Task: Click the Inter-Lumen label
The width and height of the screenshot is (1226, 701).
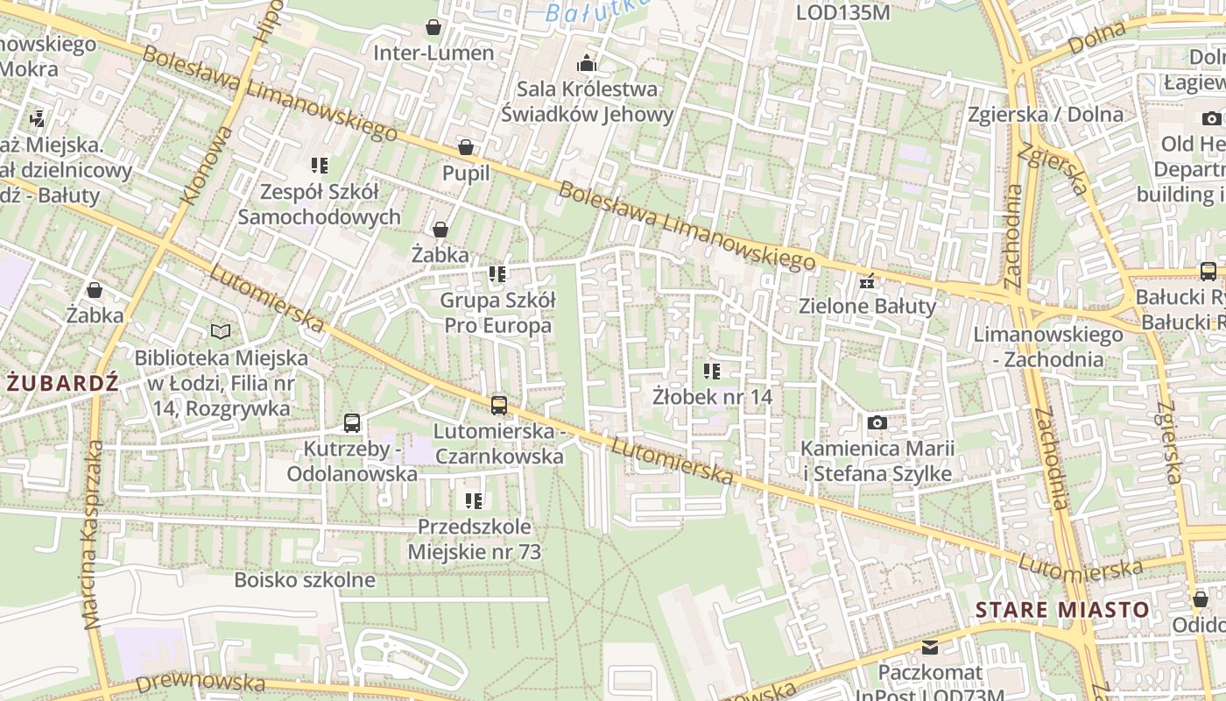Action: [433, 53]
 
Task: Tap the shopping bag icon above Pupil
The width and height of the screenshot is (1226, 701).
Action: [466, 147]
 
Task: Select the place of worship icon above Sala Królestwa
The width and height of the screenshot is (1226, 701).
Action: [587, 63]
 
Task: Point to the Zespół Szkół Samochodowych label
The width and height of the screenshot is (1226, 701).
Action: [320, 204]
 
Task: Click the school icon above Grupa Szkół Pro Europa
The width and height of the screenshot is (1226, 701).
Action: [497, 274]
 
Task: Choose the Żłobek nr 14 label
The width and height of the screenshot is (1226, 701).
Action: [712, 397]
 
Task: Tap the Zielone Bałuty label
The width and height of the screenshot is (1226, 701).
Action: [867, 306]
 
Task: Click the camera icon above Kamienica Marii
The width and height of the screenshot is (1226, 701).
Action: [877, 423]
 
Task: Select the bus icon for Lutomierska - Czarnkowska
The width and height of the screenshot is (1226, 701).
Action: [498, 405]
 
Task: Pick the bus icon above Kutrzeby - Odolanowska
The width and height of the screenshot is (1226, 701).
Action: [352, 423]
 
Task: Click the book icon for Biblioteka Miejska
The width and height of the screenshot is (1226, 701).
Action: [221, 331]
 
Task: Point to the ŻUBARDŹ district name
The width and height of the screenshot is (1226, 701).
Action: [62, 383]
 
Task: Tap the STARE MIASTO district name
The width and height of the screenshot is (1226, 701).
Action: [1062, 610]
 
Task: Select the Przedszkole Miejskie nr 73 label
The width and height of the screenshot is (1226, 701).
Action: [474, 539]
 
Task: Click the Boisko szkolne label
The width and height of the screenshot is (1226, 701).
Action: [304, 580]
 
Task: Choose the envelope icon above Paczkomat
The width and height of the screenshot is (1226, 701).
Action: [930, 648]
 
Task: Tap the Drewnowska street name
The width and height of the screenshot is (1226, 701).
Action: [201, 683]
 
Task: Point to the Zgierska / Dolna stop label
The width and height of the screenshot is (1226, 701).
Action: [1045, 115]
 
